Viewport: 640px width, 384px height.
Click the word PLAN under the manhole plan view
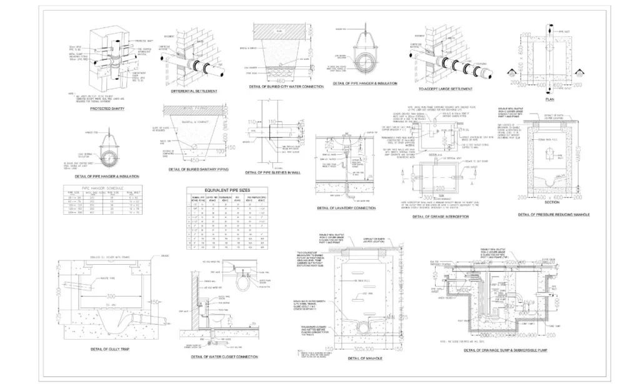549,99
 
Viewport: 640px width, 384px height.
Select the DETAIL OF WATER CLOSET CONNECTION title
225,357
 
